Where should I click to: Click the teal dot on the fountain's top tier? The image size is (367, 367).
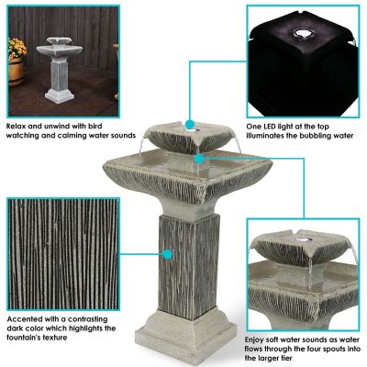189,123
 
